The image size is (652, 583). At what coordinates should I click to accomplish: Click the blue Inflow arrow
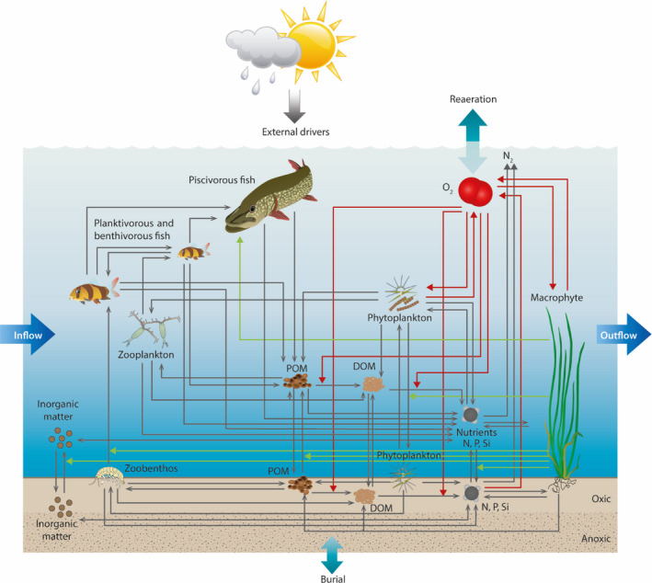coord(27,335)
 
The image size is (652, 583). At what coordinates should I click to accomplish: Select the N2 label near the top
coord(509,159)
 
